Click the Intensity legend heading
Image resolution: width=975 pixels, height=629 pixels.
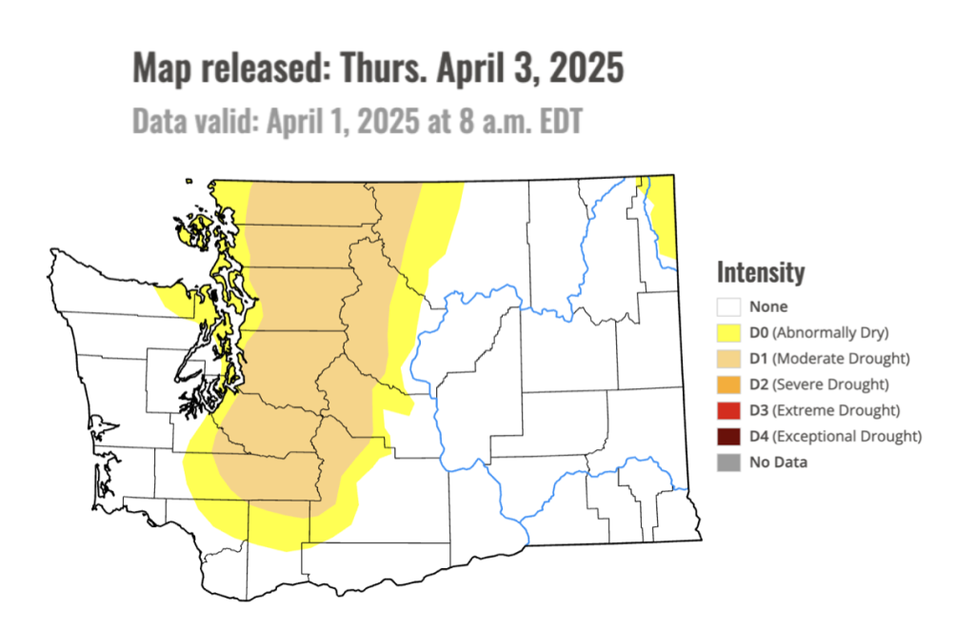pos(761,273)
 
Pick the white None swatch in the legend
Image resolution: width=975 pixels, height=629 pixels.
pos(729,307)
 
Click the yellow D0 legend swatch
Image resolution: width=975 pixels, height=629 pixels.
pos(729,333)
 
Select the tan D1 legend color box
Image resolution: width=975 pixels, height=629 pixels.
pos(729,359)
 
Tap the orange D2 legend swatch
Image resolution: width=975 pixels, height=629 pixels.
pos(729,384)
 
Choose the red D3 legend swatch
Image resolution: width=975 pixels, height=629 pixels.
pos(729,411)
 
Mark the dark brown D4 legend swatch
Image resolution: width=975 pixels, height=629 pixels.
pos(729,437)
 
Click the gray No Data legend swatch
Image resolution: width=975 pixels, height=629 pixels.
pos(729,462)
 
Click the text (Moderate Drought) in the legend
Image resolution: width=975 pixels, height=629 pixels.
pos(841,359)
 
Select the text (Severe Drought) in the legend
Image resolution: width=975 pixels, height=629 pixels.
pos(831,384)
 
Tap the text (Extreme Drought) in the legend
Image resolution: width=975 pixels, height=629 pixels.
pos(836,411)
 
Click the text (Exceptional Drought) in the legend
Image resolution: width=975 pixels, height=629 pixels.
pos(846,437)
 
